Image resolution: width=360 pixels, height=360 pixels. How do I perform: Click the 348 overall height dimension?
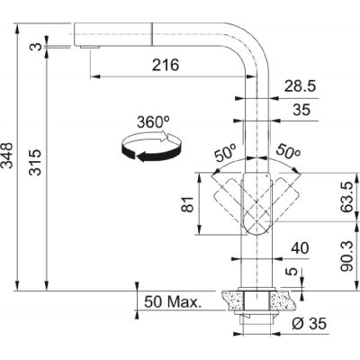[7, 156]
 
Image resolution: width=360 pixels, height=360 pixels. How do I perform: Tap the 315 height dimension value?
[35, 162]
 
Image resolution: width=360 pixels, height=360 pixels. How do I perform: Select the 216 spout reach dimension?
[166, 65]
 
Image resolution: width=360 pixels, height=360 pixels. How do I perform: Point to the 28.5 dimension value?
[300, 86]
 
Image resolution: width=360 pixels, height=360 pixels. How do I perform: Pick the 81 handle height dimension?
[188, 204]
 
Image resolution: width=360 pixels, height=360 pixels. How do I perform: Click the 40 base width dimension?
[300, 248]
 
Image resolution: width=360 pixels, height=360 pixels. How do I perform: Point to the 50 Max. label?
[172, 301]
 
